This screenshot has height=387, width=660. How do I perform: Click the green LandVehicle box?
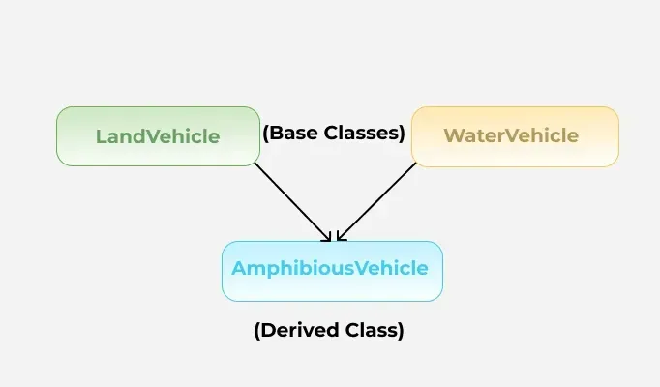(x=159, y=136)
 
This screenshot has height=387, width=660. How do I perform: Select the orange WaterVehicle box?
(x=515, y=136)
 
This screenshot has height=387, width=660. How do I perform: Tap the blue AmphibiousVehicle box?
(x=333, y=271)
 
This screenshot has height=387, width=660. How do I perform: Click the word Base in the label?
(x=294, y=133)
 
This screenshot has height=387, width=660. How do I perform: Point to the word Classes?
(x=361, y=133)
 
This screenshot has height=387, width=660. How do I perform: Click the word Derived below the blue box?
(x=299, y=330)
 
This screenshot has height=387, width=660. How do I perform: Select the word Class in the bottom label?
(x=371, y=330)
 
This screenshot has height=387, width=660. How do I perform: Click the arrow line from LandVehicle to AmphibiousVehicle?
(x=293, y=202)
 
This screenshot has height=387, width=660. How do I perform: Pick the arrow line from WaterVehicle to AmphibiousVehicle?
(x=376, y=202)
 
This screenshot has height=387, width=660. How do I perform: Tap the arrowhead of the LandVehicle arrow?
(x=328, y=238)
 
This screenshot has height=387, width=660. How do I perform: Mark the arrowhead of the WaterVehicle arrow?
(x=341, y=237)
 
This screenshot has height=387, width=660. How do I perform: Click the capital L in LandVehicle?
(x=101, y=136)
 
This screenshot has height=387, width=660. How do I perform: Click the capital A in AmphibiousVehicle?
(x=240, y=268)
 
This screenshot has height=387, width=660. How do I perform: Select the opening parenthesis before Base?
(x=265, y=133)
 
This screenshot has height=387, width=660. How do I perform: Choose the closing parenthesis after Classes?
(x=402, y=133)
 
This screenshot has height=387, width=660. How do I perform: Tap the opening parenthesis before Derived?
(x=257, y=331)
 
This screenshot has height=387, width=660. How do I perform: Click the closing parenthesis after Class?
(x=401, y=331)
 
